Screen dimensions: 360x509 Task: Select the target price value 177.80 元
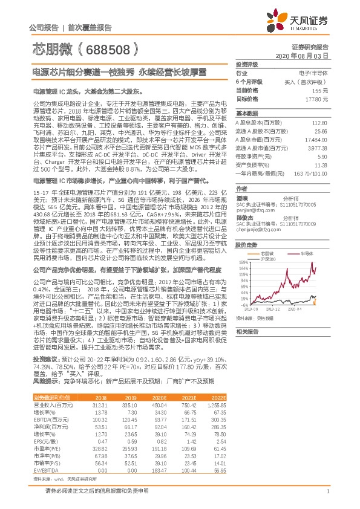click(316, 98)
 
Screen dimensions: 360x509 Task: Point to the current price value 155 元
click(321, 89)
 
